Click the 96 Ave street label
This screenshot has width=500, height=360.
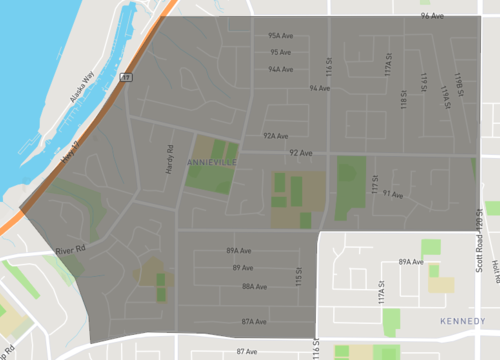[432, 16]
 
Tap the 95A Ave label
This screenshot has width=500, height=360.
[280, 35]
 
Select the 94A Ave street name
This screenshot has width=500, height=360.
[280, 70]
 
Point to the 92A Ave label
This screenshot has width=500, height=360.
[275, 136]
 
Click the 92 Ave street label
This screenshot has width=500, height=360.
[301, 154]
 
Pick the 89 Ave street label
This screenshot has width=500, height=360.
[241, 268]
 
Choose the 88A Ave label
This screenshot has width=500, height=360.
[253, 286]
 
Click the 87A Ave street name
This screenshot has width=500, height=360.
[253, 322]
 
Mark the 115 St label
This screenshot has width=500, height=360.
[298, 276]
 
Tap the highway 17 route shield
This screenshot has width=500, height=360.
[126, 77]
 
